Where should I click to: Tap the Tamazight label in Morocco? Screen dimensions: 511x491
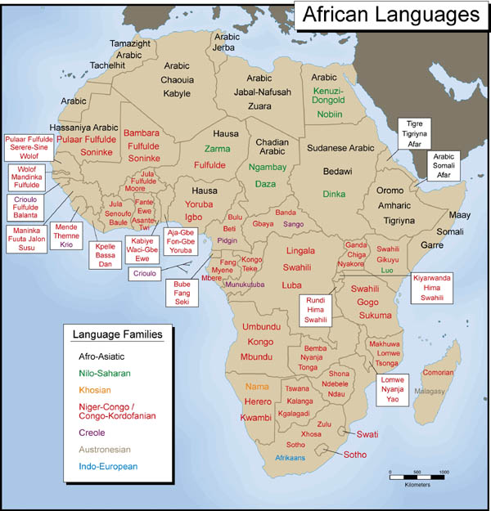point(130,43)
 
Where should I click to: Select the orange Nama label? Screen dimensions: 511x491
point(257,385)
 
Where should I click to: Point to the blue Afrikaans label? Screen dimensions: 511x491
point(295,458)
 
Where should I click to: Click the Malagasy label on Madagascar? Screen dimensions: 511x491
point(430,392)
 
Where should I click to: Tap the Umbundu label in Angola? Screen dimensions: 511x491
point(261,326)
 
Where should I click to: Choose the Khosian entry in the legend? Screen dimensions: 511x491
point(97,391)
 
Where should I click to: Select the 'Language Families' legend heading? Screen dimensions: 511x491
point(117,334)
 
